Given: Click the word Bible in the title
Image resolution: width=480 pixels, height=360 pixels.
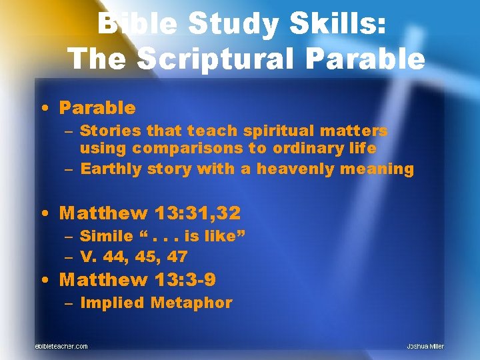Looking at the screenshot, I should [x=135, y=25].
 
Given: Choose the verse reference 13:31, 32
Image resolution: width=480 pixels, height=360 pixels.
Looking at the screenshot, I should [x=197, y=213].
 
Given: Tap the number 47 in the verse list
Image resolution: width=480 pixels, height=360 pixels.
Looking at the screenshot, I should [x=177, y=256].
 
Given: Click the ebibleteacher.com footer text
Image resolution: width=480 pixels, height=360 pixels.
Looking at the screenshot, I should [x=61, y=346].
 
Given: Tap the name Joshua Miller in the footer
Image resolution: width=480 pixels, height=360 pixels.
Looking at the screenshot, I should [x=425, y=346].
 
